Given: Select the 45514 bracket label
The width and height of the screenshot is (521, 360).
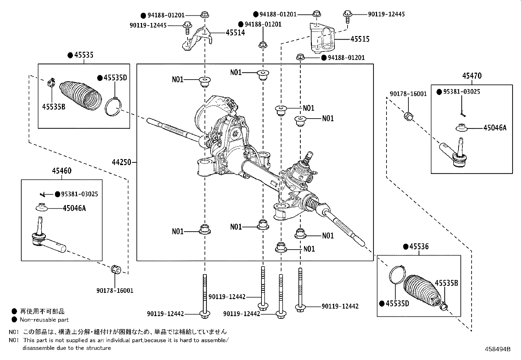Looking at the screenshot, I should coord(235,33).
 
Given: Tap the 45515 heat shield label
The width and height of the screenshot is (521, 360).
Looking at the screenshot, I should coord(360,39).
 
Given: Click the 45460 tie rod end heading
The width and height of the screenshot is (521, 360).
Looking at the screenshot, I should coord(61,171).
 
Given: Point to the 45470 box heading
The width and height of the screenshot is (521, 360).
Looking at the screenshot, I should coord(472,76).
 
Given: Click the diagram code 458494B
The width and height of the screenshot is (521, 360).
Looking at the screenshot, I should coord(497,349).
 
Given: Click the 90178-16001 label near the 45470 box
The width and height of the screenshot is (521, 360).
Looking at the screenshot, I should coord(408,94).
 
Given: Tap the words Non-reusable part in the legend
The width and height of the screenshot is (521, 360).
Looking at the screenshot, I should coord(44,320).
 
